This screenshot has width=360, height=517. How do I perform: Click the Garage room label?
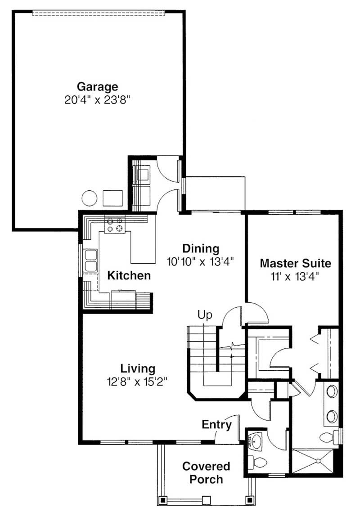click(x=97, y=86)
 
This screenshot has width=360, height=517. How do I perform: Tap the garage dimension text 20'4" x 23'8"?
click(x=97, y=99)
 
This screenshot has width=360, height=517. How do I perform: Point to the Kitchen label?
click(x=129, y=275)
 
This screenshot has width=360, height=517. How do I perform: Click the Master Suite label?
click(x=295, y=263)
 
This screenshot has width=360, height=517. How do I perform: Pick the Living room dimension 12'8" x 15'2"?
click(x=137, y=382)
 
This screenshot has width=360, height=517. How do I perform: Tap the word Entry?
click(x=216, y=425)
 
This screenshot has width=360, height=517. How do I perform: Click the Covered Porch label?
click(x=206, y=472)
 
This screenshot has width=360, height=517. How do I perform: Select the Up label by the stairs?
click(x=205, y=315)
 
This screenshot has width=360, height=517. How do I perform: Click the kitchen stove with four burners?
click(x=115, y=224)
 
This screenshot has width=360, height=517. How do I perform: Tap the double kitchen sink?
click(x=90, y=261)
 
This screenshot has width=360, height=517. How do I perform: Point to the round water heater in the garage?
click(x=90, y=198)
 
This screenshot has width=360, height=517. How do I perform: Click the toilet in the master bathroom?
click(x=329, y=437)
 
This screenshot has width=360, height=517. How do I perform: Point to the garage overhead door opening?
click(x=99, y=13)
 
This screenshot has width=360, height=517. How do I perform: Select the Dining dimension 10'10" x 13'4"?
click(x=200, y=262)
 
